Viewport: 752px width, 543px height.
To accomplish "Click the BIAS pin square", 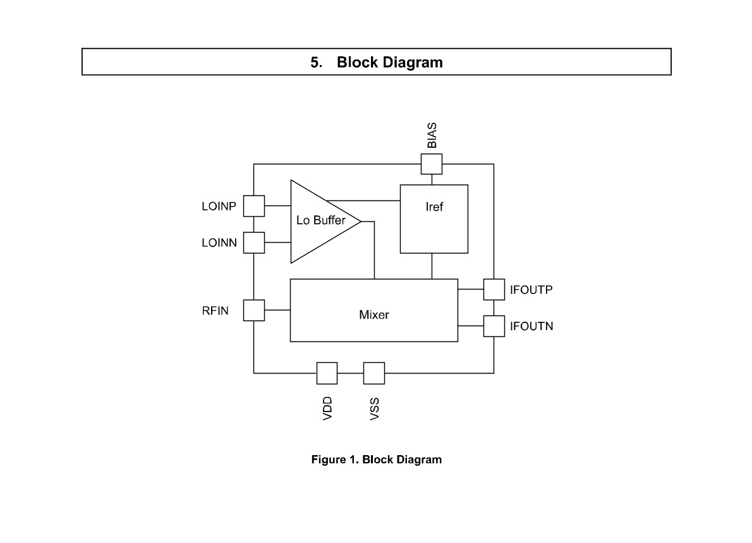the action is pyautogui.click(x=432, y=164).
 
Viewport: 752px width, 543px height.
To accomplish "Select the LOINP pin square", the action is pyautogui.click(x=253, y=206).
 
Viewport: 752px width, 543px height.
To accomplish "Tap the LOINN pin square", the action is pyautogui.click(x=253, y=243).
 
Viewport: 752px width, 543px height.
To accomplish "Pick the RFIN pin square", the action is pyautogui.click(x=253, y=310).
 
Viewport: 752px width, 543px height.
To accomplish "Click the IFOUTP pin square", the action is pyautogui.click(x=494, y=290).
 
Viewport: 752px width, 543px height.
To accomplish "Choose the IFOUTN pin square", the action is pyautogui.click(x=494, y=326).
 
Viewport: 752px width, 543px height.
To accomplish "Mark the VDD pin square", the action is pyautogui.click(x=327, y=373).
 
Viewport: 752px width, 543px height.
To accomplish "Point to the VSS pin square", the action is pyautogui.click(x=374, y=373).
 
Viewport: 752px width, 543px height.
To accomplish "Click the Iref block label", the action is pyautogui.click(x=434, y=207).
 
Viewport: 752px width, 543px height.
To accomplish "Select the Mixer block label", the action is pyautogui.click(x=374, y=315).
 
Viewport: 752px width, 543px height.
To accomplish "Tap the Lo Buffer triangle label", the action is pyautogui.click(x=321, y=220).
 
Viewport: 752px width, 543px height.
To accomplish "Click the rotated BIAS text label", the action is pyautogui.click(x=432, y=135).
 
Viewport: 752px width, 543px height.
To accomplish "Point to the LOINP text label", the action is pyautogui.click(x=219, y=206).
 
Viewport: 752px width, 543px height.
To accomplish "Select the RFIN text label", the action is pyautogui.click(x=215, y=311).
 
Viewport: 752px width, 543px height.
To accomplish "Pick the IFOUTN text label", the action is pyautogui.click(x=531, y=326).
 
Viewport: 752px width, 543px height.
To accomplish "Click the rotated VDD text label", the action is pyautogui.click(x=327, y=409).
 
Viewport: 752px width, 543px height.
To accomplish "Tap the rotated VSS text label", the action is pyautogui.click(x=375, y=409).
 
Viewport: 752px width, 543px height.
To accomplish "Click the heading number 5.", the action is pyautogui.click(x=316, y=63).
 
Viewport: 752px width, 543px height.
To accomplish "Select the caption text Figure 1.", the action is pyautogui.click(x=335, y=460).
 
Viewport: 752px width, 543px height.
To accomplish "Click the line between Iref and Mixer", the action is pyautogui.click(x=432, y=266).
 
